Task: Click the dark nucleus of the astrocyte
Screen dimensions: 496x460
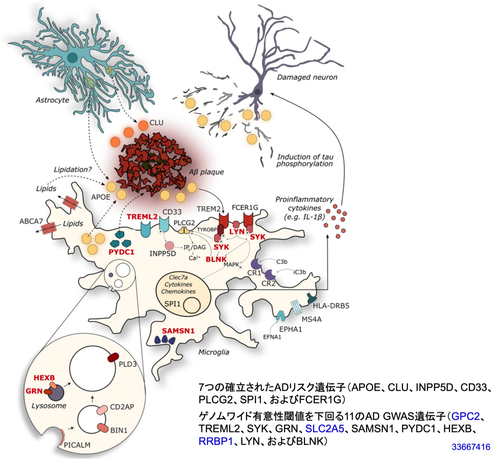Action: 72,57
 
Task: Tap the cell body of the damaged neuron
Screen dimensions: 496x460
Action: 258,92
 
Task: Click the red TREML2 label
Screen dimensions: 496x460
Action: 142,216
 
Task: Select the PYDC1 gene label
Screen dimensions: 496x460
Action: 122,252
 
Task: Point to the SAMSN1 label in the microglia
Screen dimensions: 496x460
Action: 178,331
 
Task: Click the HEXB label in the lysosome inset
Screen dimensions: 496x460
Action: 44,378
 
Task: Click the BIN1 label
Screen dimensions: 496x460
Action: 119,430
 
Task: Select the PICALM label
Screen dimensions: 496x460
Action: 77,445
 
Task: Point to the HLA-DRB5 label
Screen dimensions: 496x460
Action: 331,306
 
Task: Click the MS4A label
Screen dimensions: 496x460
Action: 311,319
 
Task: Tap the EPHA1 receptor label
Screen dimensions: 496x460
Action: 291,329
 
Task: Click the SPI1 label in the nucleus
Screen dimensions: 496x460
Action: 172,304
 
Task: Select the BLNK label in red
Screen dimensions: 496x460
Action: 216,259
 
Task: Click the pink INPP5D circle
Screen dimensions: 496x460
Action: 170,245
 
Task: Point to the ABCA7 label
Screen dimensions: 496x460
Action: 31,221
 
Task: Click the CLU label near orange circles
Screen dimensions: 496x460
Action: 156,122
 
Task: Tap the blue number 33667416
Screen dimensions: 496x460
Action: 471,446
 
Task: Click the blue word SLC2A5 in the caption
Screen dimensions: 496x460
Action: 324,429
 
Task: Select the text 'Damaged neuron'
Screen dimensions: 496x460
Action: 307,77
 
